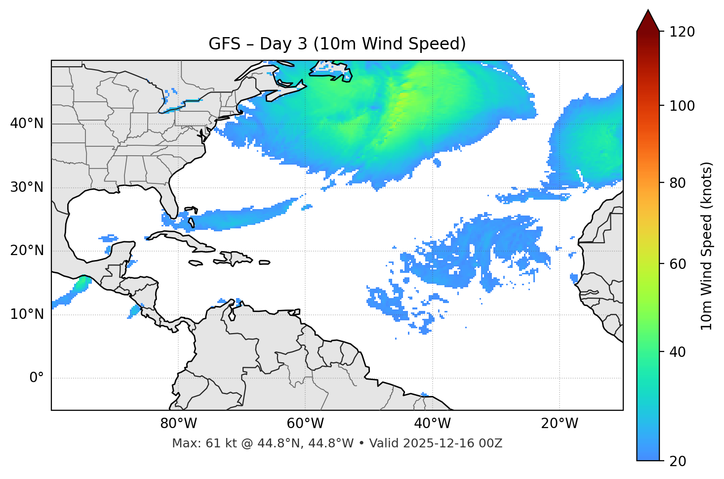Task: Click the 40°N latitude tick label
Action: click(x=27, y=124)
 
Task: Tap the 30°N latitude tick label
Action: click(x=27, y=187)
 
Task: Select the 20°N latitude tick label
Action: click(x=27, y=251)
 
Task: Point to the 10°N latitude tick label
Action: click(x=27, y=314)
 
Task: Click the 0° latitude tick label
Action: click(x=37, y=378)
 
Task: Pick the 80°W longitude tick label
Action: click(x=178, y=424)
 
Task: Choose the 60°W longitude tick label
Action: click(x=305, y=424)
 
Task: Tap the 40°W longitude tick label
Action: click(x=432, y=424)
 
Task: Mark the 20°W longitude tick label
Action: click(x=559, y=424)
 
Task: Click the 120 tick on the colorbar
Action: click(x=682, y=32)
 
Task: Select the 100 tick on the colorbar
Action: click(x=682, y=106)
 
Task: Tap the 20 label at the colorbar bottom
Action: click(x=678, y=461)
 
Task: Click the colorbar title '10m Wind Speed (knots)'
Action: click(x=707, y=246)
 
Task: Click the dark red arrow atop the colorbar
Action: click(x=648, y=21)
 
